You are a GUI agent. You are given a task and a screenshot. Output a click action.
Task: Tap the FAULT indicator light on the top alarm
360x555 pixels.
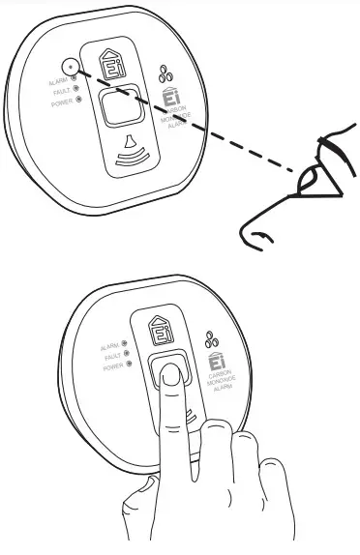(76, 91)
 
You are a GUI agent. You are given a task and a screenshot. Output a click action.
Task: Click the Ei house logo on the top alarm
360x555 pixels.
(116, 65)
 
